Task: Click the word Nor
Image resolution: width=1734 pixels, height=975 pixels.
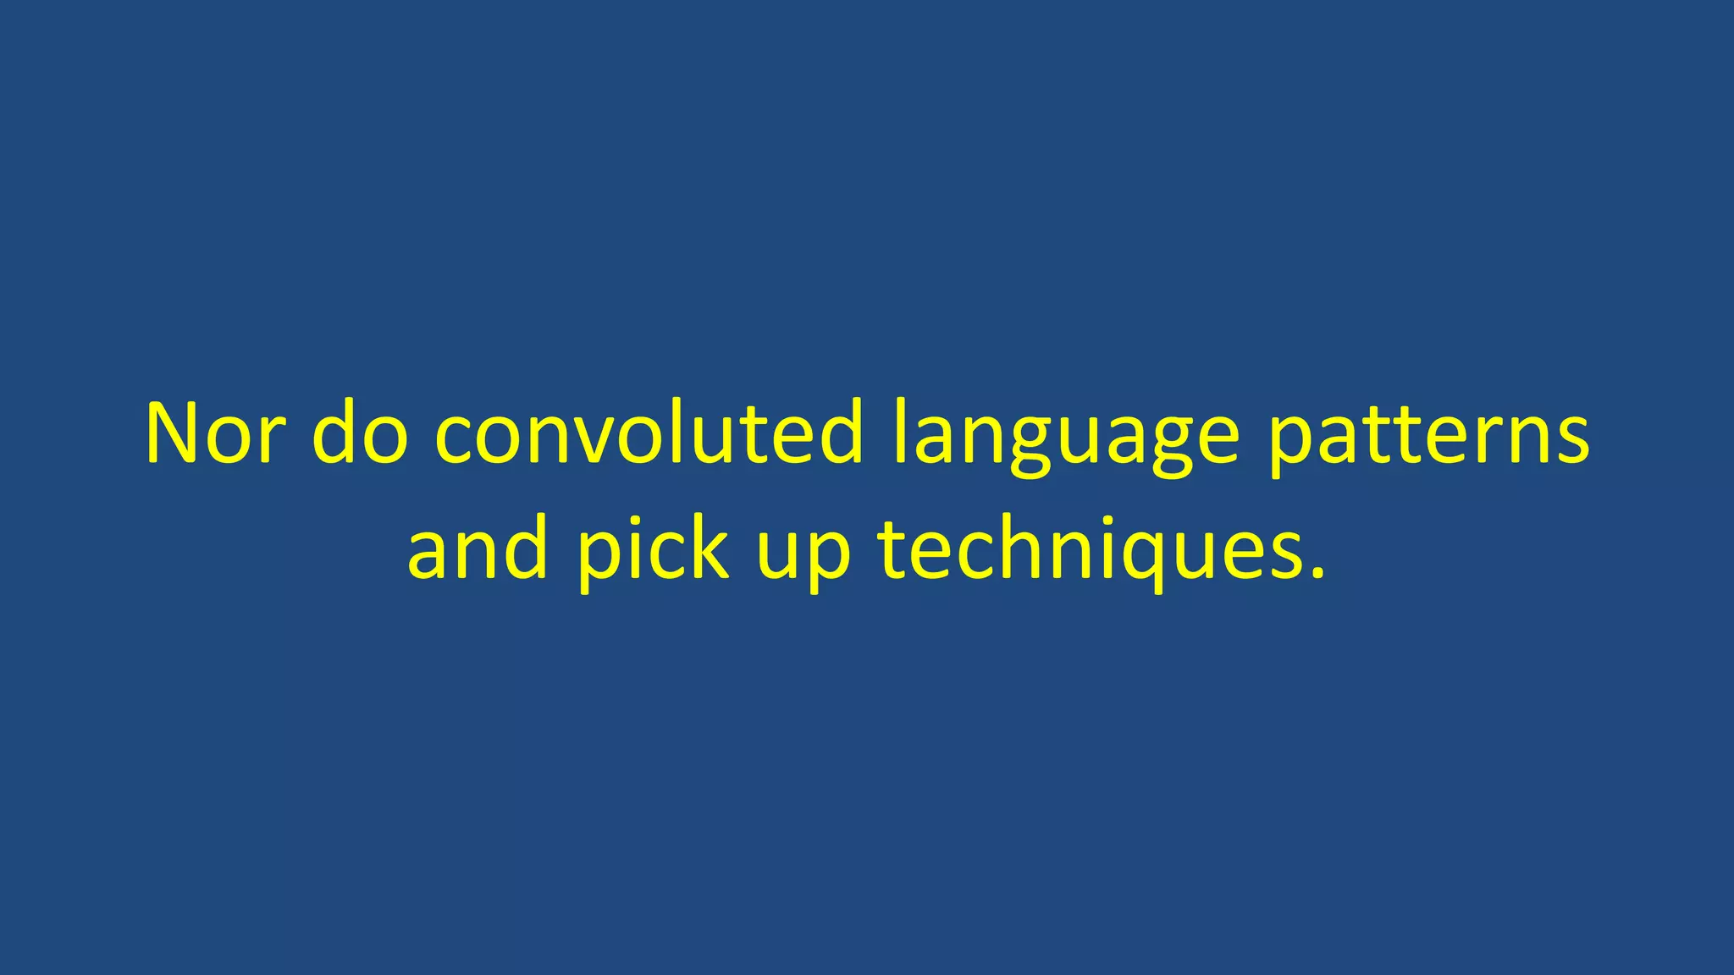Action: (212, 433)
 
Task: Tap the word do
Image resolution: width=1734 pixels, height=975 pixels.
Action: (360, 433)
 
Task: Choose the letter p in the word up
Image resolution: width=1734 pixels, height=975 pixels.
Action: (827, 559)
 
